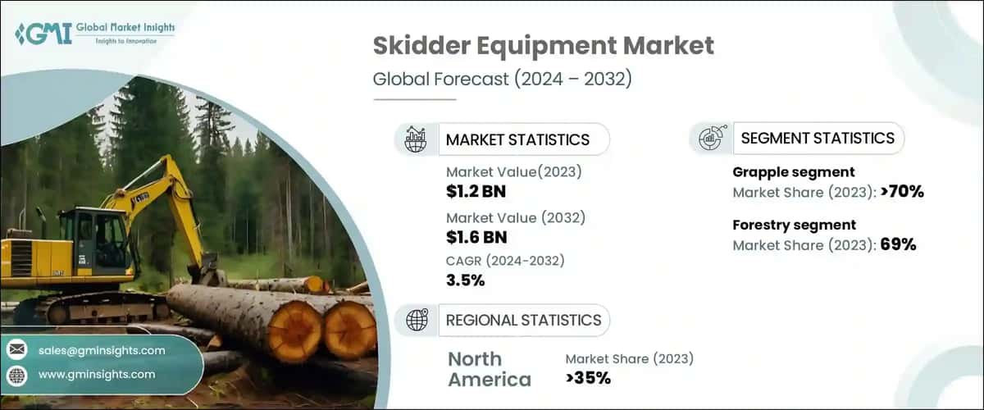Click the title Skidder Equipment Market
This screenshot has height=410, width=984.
point(543,45)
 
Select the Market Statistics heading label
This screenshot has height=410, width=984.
point(517,139)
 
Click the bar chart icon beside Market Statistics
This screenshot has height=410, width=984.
point(416,139)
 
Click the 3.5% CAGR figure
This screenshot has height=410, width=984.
point(466,280)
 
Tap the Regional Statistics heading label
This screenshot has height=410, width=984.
point(523,320)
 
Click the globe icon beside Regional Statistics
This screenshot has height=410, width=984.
point(417,321)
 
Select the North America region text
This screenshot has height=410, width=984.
point(490,369)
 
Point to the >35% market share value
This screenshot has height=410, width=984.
point(588,378)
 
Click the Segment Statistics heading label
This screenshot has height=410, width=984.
point(818,138)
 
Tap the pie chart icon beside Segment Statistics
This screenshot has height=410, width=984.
point(710,139)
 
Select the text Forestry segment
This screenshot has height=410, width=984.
point(794,225)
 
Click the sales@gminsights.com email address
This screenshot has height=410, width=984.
point(102,350)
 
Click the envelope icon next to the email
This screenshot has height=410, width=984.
point(16,350)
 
